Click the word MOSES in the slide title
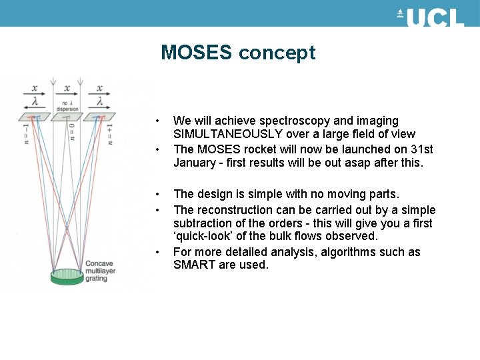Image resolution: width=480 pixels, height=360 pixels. (x=197, y=53)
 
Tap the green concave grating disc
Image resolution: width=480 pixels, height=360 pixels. (x=67, y=275)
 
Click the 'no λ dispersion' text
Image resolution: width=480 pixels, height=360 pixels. (x=67, y=106)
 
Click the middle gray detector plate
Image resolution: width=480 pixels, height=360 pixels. (x=67, y=117)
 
